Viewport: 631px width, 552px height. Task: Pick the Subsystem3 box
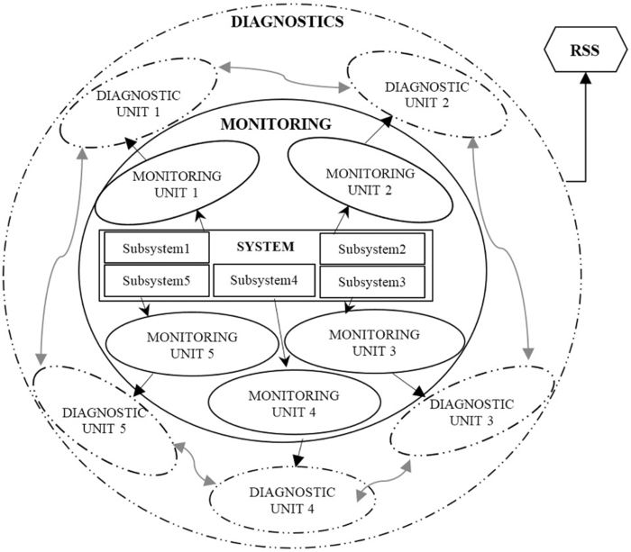pos(372,281)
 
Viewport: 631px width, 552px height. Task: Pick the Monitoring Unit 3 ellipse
pos(373,342)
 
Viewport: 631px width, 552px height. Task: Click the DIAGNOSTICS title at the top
pos(285,22)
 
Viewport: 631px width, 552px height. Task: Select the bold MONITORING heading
pos(276,123)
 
